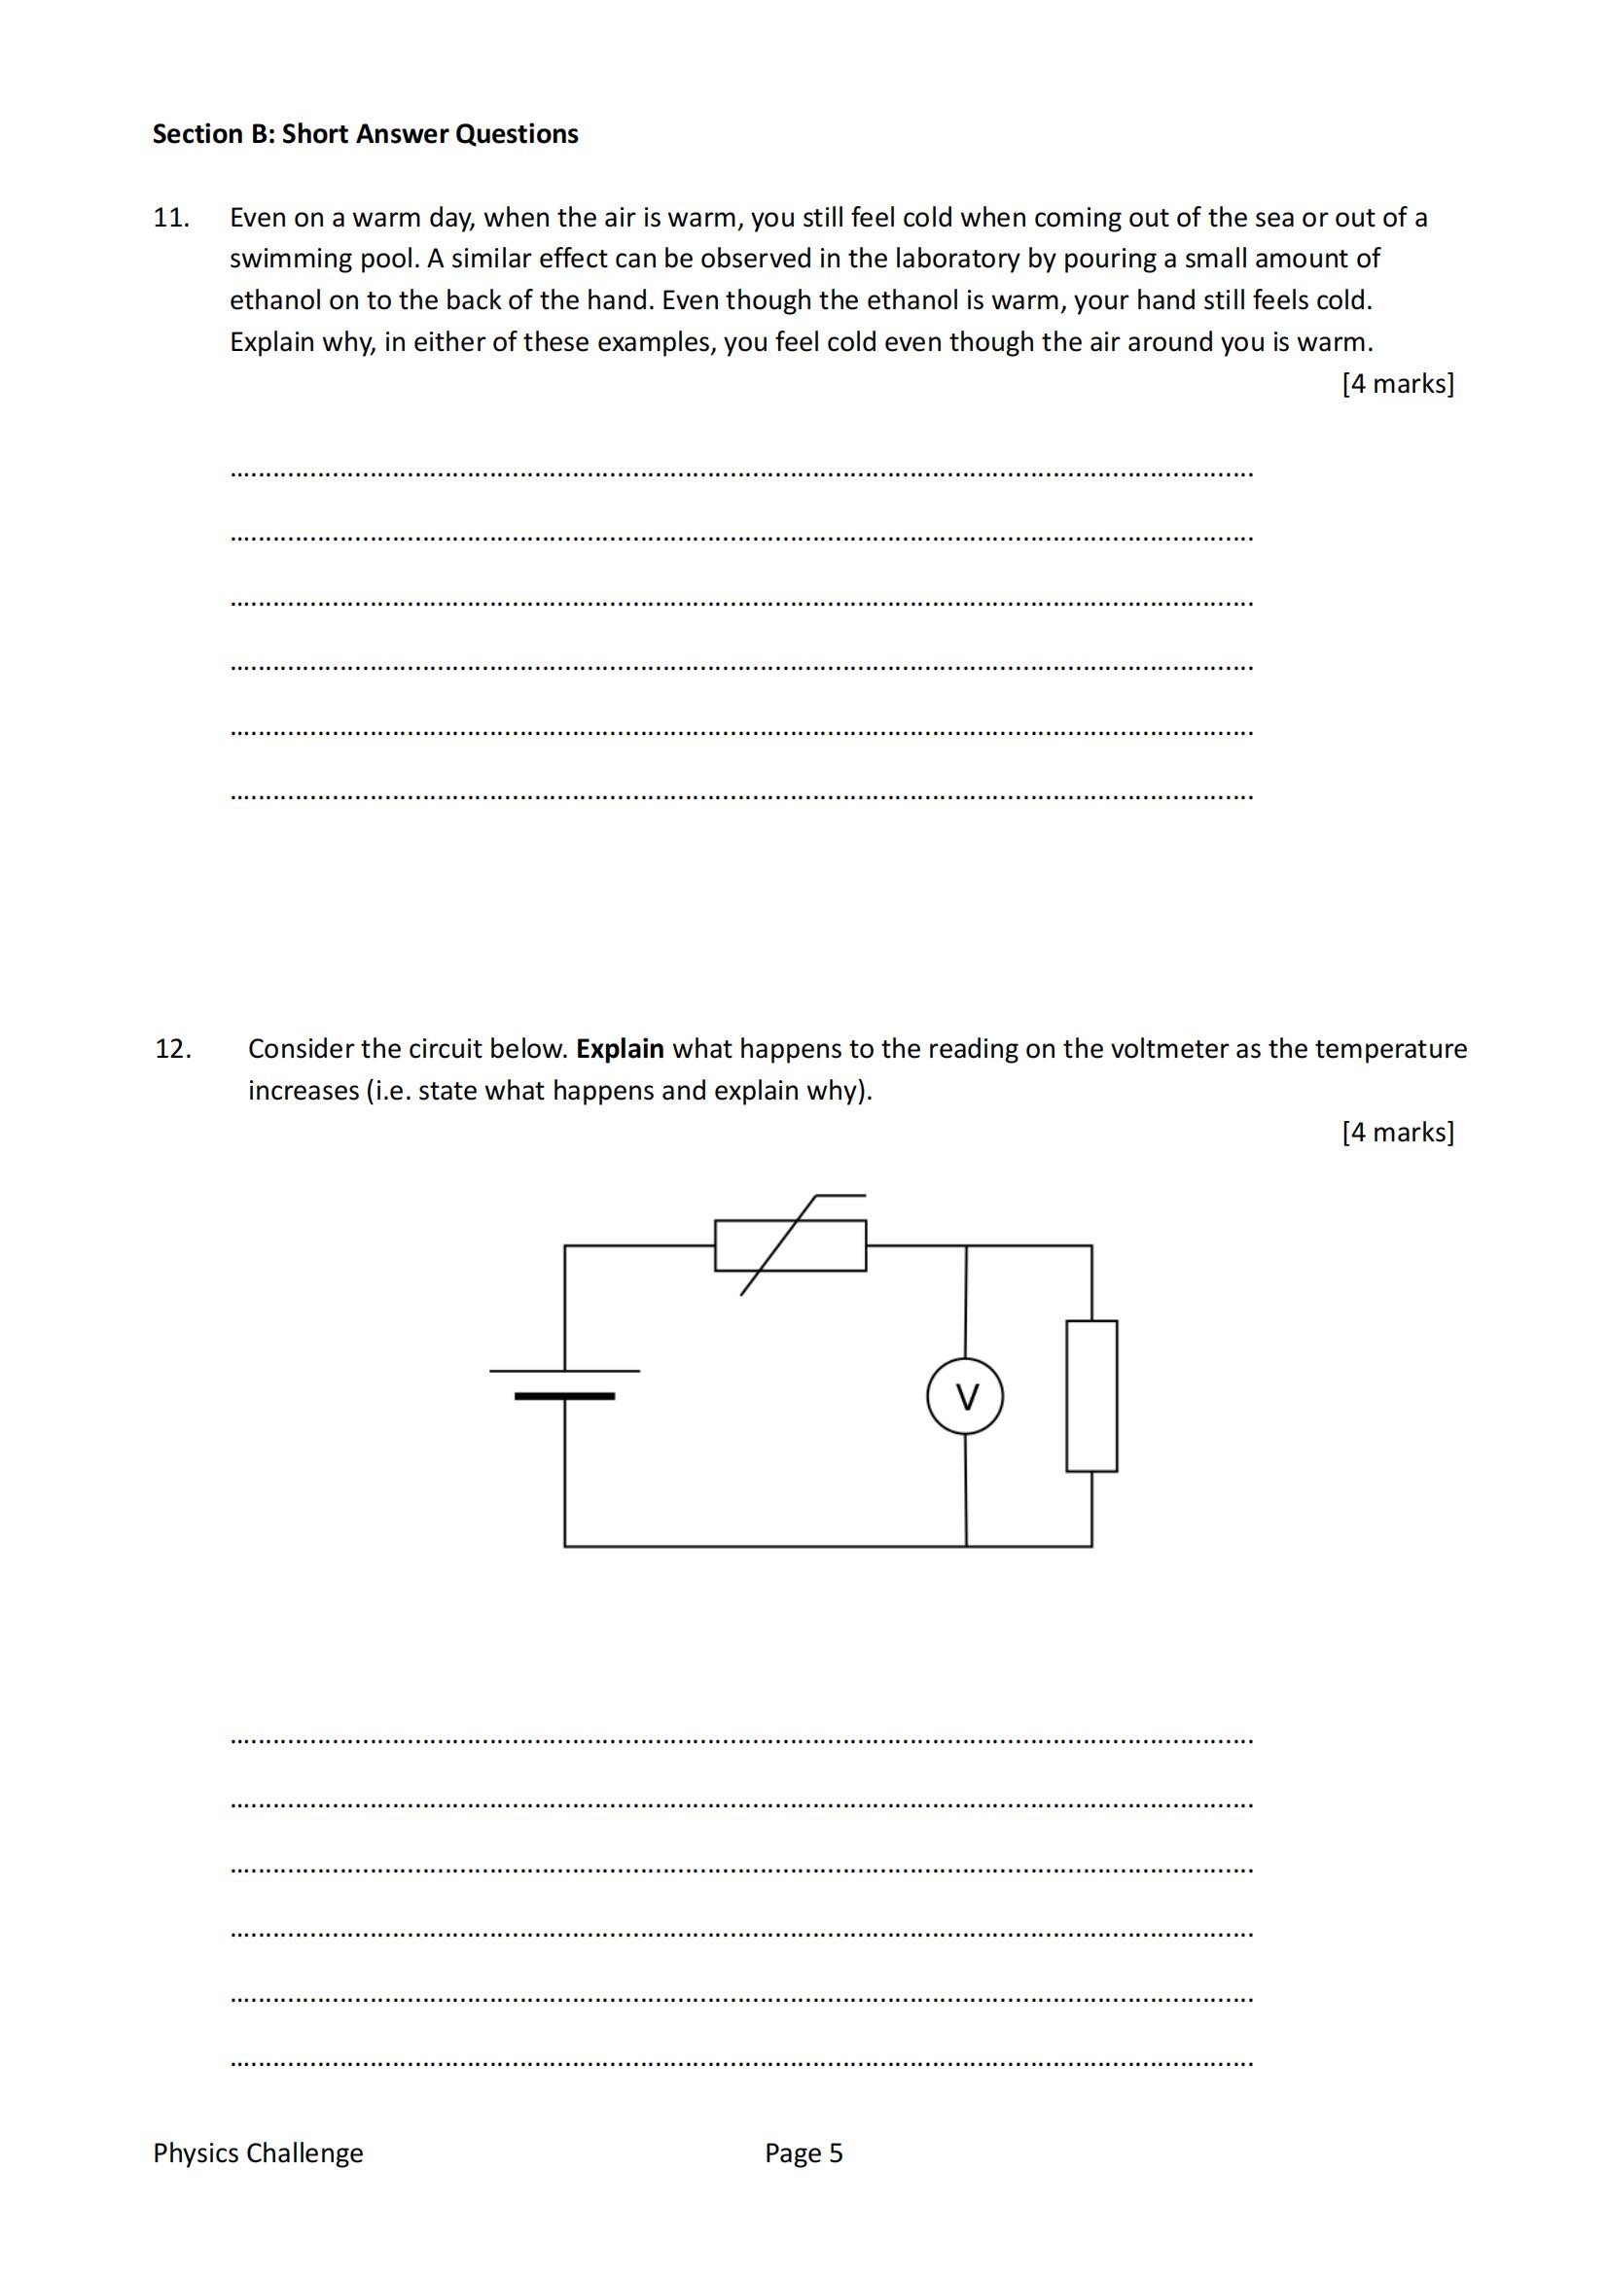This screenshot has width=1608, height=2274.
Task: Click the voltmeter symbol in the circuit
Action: click(x=964, y=1396)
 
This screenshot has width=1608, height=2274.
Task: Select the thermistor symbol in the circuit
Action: click(x=790, y=1245)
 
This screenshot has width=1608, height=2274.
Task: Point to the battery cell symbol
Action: click(x=565, y=1383)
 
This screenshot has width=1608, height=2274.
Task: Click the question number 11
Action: click(x=170, y=218)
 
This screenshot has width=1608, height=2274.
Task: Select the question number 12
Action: click(x=172, y=1049)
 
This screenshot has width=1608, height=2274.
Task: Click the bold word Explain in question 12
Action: click(x=620, y=1049)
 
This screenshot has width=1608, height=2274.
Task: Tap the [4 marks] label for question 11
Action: click(x=1397, y=384)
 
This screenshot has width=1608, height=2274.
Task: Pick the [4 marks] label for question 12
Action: click(x=1397, y=1132)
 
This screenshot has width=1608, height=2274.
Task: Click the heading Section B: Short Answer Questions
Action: click(x=365, y=135)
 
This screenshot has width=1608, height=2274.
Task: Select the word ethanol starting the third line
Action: click(x=268, y=301)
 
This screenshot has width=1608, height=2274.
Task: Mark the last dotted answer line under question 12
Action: click(x=741, y=2064)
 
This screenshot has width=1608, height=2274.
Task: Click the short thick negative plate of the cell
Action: click(x=564, y=1396)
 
